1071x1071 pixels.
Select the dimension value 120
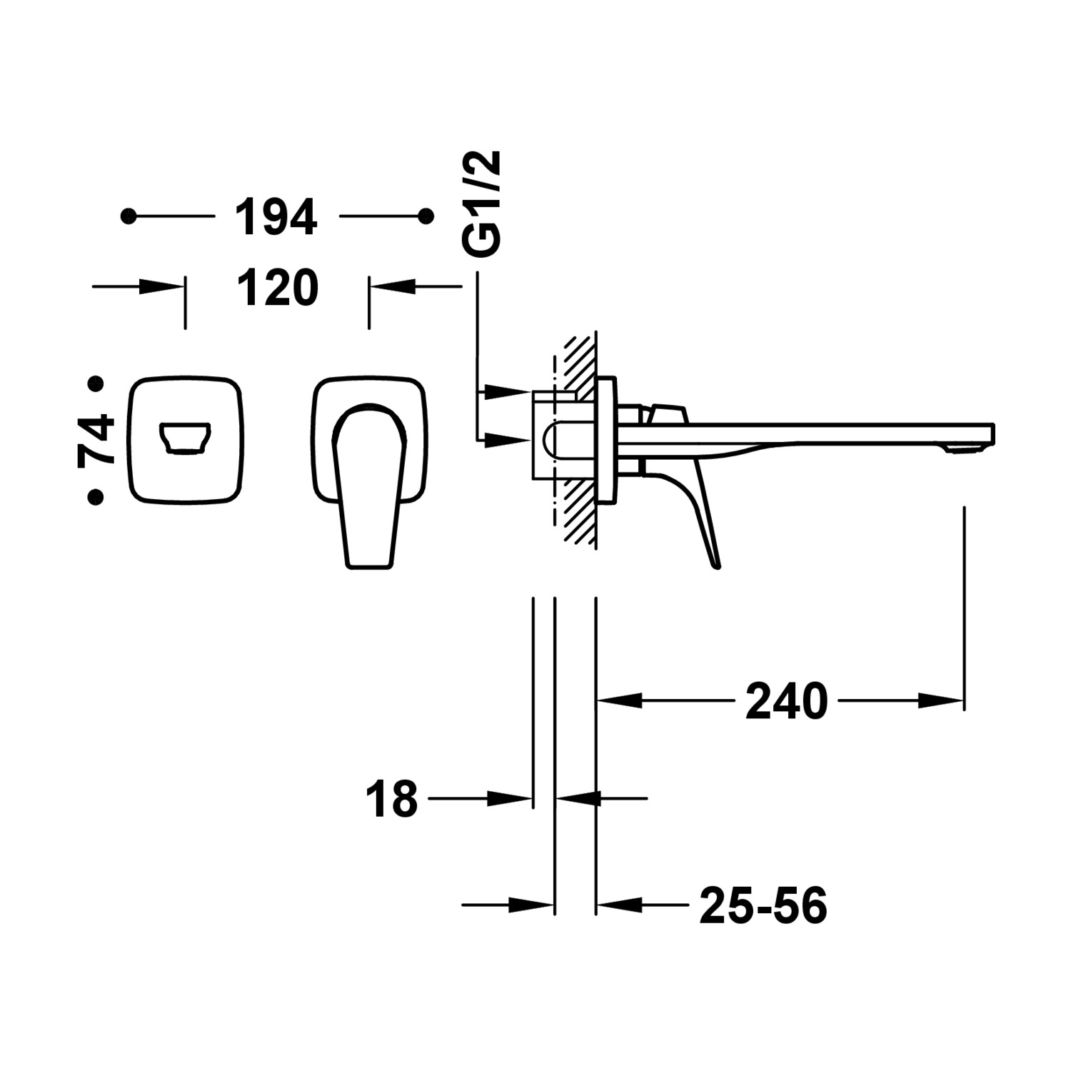[x=277, y=288]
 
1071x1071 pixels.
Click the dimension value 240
[x=786, y=701]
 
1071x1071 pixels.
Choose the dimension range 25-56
[x=763, y=906]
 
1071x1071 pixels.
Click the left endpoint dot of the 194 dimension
[x=129, y=216]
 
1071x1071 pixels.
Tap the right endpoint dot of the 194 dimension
[x=426, y=216]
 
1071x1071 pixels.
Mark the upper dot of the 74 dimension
[x=95, y=384]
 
